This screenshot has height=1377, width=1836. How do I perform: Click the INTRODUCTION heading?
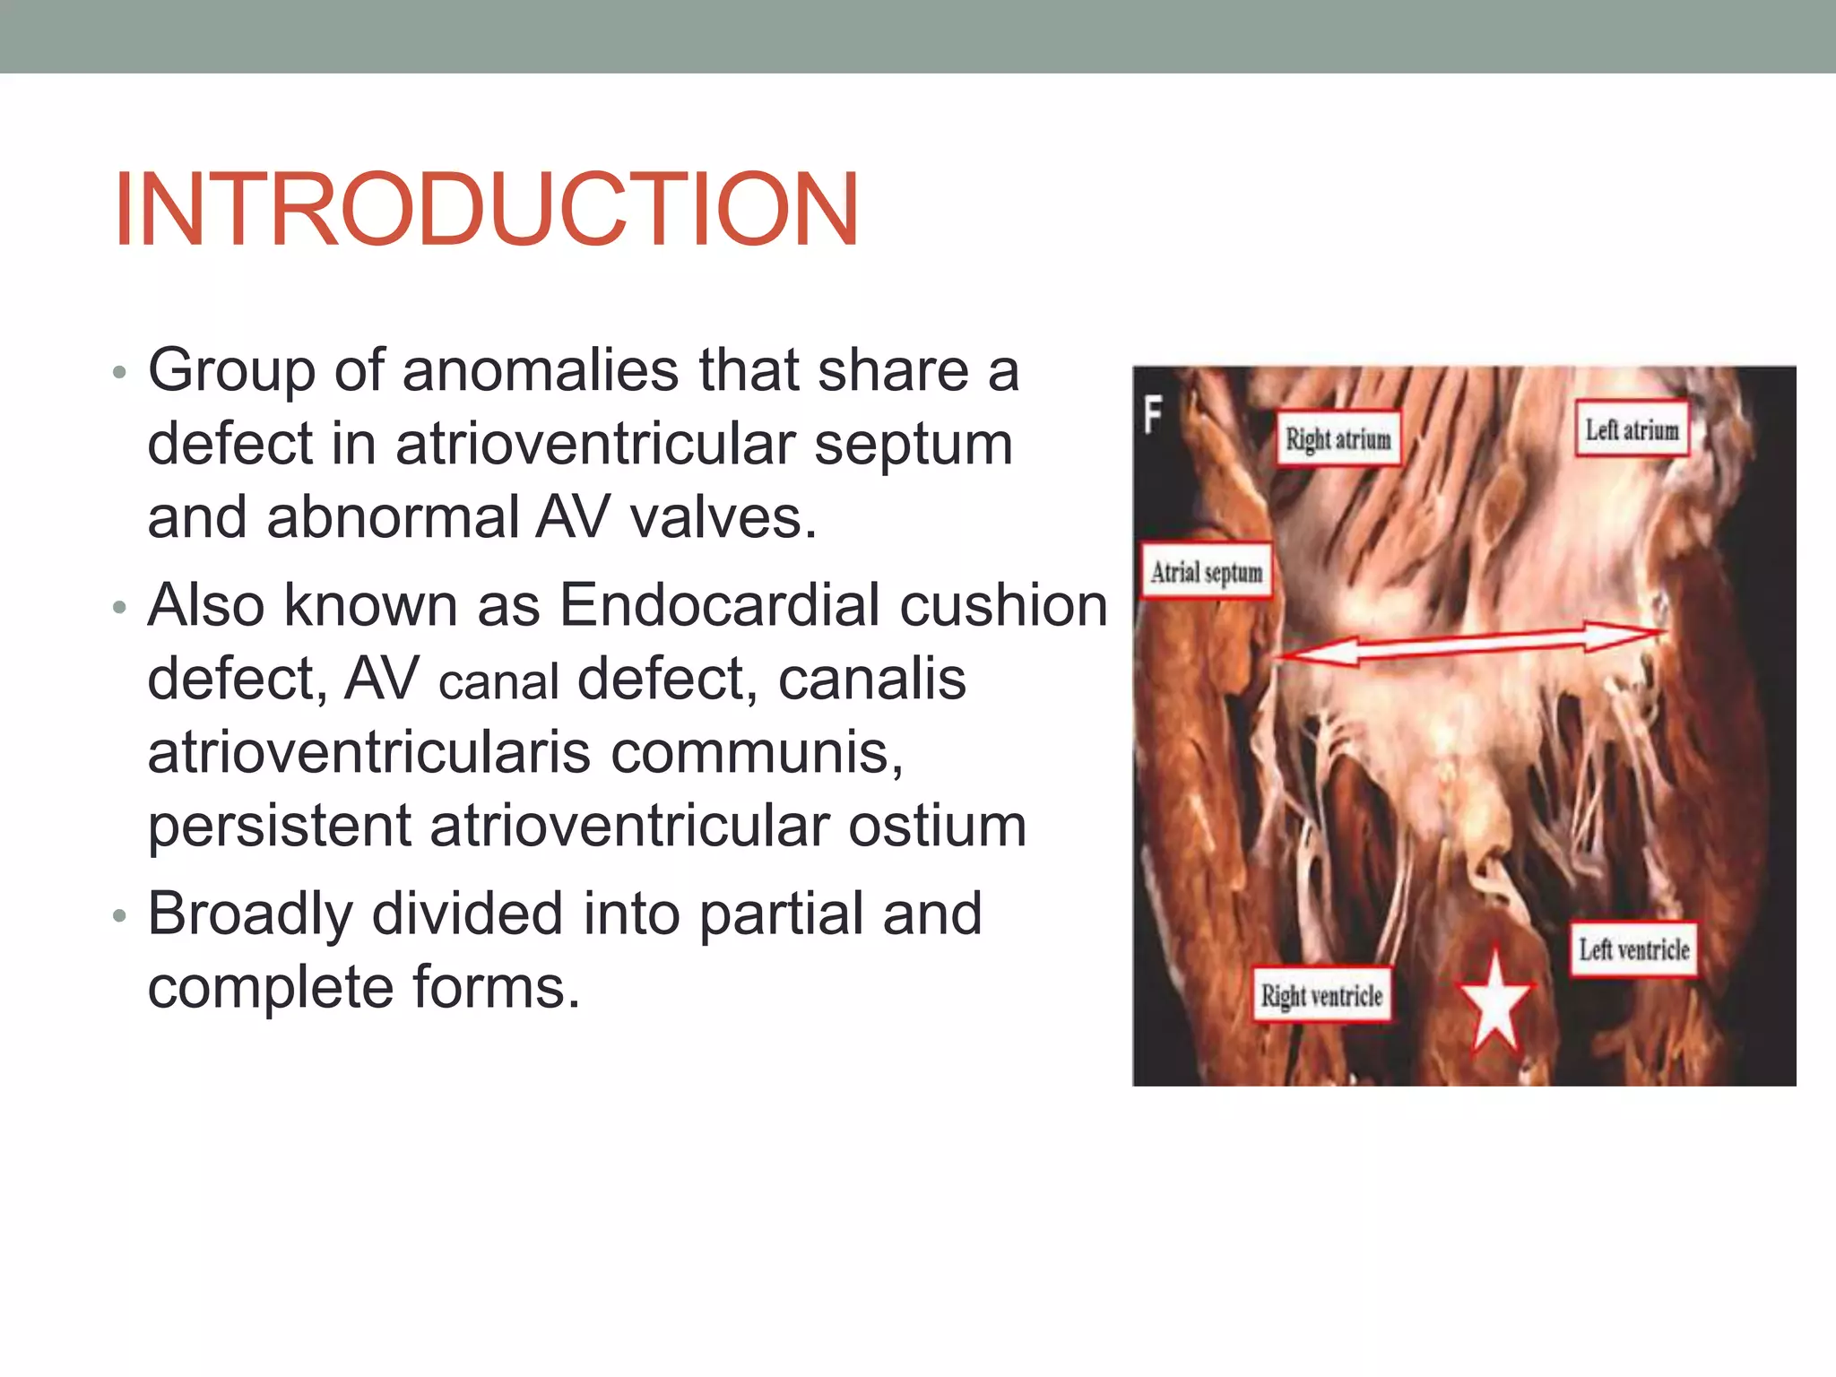(486, 209)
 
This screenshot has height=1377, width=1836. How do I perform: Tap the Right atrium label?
(1338, 439)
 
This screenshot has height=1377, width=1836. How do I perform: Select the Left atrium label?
(1632, 430)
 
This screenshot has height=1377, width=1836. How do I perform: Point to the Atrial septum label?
(1206, 572)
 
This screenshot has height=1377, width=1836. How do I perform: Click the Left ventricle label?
(1633, 949)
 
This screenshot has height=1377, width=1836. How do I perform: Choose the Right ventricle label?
(1321, 995)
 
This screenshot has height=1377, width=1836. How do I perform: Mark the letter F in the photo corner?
(1154, 415)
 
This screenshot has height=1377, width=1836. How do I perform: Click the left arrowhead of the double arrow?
(1300, 654)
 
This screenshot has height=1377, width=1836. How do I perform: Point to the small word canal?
(498, 682)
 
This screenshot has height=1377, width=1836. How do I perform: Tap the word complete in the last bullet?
(270, 988)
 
